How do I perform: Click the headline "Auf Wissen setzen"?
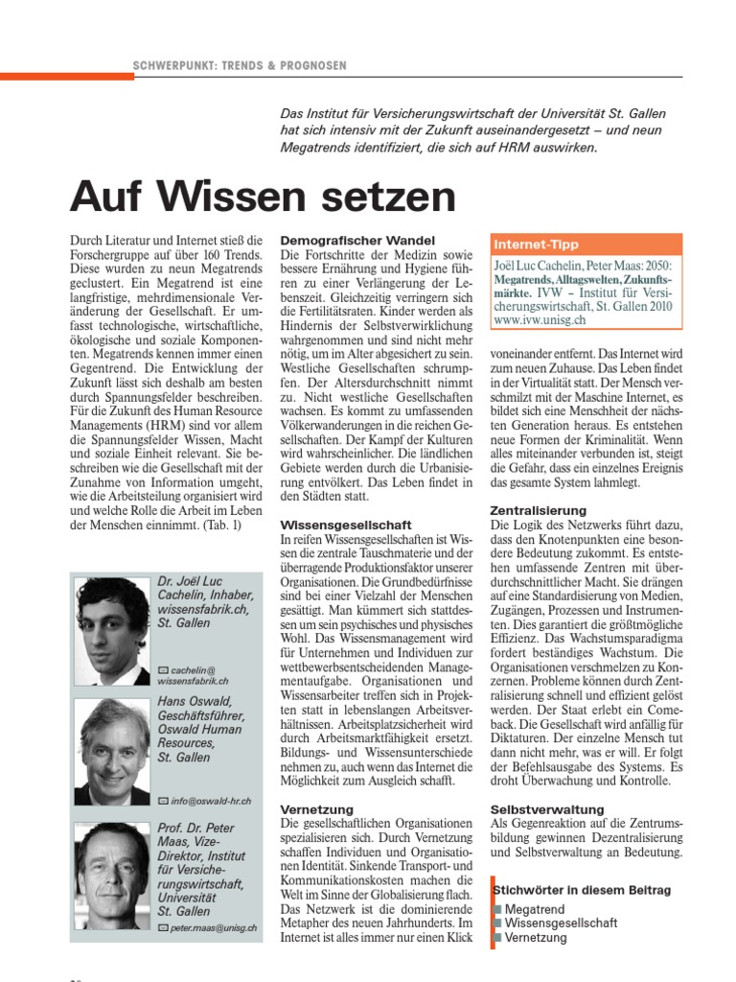tap(263, 198)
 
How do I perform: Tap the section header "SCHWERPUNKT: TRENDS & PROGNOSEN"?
tap(240, 65)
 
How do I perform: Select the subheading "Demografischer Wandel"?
tap(357, 240)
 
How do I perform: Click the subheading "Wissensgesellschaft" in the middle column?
tap(346, 526)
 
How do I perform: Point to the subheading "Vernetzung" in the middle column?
tap(317, 809)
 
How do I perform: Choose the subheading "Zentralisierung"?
tap(538, 511)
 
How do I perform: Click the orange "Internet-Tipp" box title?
tap(537, 245)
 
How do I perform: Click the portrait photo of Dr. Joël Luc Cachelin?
tap(113, 629)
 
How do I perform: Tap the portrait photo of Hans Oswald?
tap(113, 751)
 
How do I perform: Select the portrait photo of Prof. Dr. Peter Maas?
tap(113, 875)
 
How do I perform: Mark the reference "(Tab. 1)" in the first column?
tap(220, 525)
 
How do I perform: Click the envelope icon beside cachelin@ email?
tap(163, 667)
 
